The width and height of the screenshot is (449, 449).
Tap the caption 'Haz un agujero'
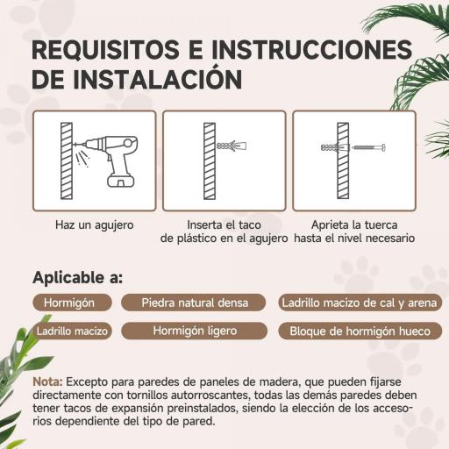94,225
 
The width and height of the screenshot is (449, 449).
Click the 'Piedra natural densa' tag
195,303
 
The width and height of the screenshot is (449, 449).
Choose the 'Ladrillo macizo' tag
72,331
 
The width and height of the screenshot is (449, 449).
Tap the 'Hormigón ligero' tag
195,331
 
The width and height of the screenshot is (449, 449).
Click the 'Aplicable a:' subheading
77,278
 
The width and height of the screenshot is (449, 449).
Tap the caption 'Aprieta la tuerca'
354,225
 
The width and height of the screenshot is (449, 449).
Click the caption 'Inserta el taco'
224,225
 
